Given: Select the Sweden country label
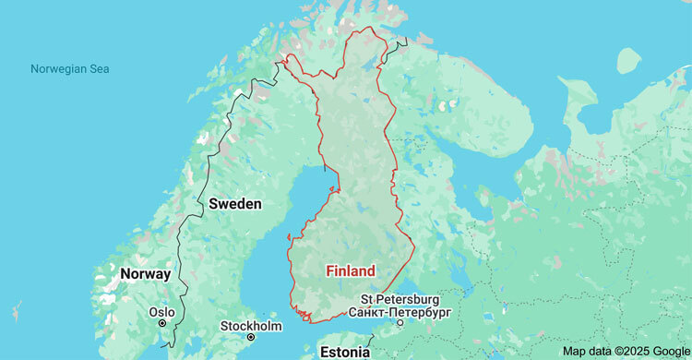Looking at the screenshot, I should tap(234, 203).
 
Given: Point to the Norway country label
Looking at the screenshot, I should tap(145, 274).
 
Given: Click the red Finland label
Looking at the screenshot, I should tap(351, 271).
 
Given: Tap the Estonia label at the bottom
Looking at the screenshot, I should tap(343, 352).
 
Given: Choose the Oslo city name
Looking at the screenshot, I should tap(162, 312).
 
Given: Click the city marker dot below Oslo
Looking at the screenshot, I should tap(162, 324).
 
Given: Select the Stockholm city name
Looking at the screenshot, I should tap(251, 326).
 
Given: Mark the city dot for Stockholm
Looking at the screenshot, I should tap(250, 338).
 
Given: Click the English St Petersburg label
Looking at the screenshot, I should tap(400, 299).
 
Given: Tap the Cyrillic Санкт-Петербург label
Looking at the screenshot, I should tap(400, 312).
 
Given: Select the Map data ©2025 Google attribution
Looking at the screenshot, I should tap(625, 351).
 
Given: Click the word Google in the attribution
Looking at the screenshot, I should tap(667, 351).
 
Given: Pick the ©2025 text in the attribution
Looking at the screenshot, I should tap(628, 351).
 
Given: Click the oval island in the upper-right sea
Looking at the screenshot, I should tap(628, 61).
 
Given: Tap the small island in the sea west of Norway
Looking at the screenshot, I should tap(16, 309).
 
